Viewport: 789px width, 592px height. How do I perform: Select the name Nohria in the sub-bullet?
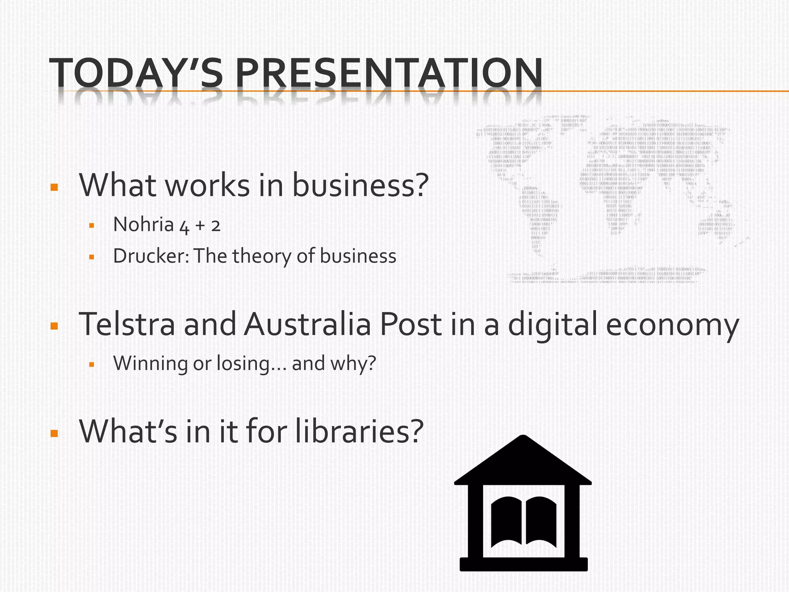pos(143,224)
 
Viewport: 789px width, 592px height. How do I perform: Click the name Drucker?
pos(151,256)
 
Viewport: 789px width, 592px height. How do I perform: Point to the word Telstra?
pos(127,324)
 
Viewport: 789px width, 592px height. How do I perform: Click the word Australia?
pos(307,324)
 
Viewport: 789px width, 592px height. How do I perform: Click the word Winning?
pos(150,363)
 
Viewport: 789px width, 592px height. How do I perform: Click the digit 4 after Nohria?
pos(185,227)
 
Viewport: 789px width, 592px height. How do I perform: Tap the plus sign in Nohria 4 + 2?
pos(200,225)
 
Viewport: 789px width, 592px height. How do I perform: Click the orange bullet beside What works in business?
pos(54,188)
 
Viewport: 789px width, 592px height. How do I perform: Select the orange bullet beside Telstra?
pos(54,326)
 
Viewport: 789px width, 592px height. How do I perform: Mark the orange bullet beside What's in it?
pos(54,434)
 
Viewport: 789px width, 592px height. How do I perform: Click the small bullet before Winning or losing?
pos(92,364)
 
